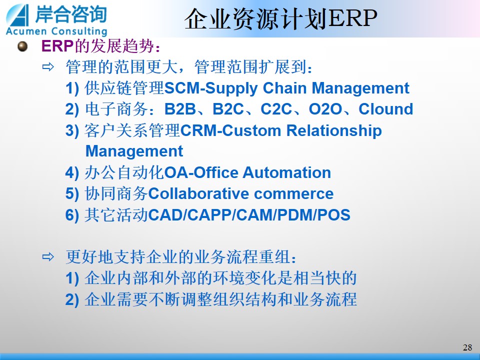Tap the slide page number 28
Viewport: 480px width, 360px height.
click(x=467, y=347)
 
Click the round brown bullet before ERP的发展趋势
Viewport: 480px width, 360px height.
click(x=22, y=46)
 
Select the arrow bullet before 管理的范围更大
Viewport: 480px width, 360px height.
click(x=48, y=66)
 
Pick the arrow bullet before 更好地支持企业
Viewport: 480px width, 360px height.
click(x=48, y=257)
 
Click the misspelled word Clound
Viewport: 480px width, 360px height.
click(x=385, y=109)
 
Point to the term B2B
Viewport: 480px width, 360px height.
click(x=180, y=109)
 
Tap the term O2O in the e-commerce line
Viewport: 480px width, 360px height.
click(x=325, y=109)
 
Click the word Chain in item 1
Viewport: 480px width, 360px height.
click(x=284, y=88)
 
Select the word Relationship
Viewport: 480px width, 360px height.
click(x=334, y=130)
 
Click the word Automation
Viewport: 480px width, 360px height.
click(x=287, y=172)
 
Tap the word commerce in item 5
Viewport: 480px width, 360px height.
click(x=294, y=194)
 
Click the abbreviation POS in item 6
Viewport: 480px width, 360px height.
click(x=334, y=215)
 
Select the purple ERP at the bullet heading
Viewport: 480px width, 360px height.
click(x=57, y=46)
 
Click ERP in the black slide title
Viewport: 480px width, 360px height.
click(x=352, y=18)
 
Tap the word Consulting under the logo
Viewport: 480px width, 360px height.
click(x=79, y=31)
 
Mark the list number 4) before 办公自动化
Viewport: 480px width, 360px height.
click(x=72, y=173)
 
